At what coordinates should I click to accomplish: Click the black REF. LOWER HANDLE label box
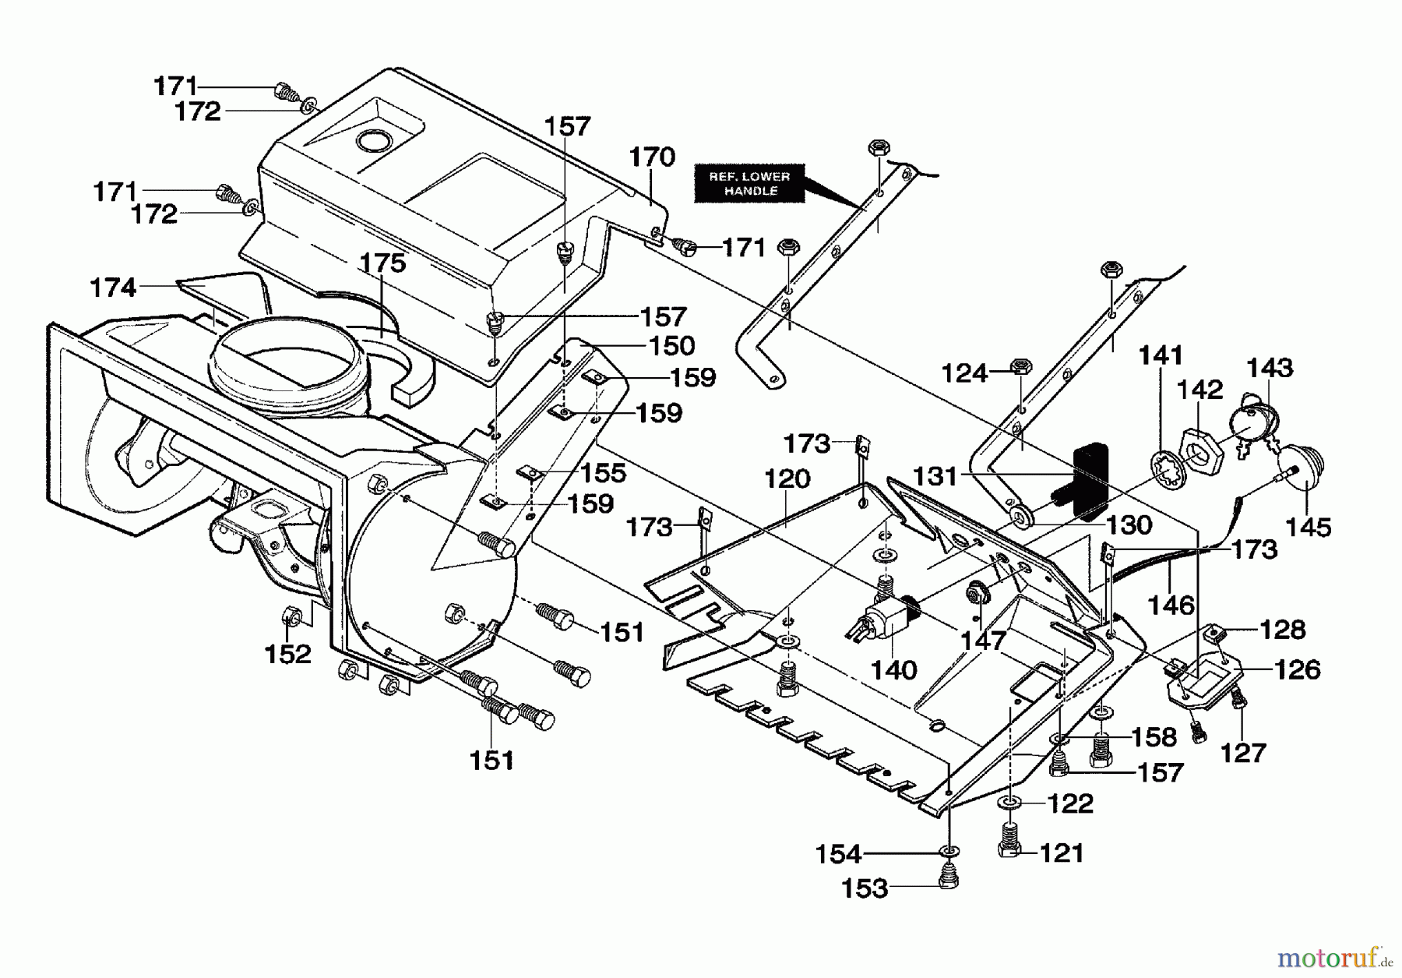[749, 184]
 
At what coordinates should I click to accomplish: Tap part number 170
[652, 157]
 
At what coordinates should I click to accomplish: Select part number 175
[382, 263]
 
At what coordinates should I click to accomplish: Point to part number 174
[114, 288]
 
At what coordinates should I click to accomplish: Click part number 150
[671, 345]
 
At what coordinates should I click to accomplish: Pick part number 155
[603, 472]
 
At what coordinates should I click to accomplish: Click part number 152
[288, 653]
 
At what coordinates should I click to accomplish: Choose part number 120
[787, 478]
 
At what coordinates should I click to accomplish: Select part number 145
[1309, 527]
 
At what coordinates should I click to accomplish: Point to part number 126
[1298, 669]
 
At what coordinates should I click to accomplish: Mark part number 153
[865, 888]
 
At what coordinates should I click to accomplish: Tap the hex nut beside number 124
[1020, 366]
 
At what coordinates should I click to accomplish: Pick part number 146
[1171, 605]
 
